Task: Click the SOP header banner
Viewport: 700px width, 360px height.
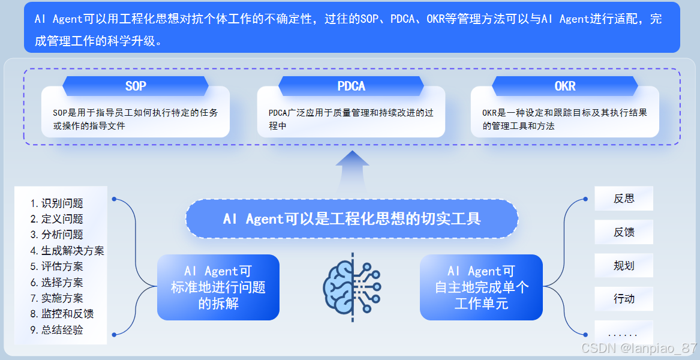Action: (x=136, y=86)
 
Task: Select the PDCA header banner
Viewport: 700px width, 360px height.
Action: (x=351, y=86)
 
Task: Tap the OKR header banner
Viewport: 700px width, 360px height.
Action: (x=564, y=86)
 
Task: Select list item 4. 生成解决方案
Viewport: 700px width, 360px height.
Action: (x=67, y=251)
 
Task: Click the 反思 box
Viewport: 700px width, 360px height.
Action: (x=624, y=199)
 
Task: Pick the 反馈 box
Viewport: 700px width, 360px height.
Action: (x=624, y=232)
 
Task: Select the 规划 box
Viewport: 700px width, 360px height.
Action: (x=624, y=265)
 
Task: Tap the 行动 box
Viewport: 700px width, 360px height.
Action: (x=624, y=299)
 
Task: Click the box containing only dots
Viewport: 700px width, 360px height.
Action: (x=624, y=333)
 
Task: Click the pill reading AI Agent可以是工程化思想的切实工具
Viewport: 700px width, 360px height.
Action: (x=351, y=219)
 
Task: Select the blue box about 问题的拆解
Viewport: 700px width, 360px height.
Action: (x=218, y=287)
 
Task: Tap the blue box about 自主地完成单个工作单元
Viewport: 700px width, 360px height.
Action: (x=481, y=287)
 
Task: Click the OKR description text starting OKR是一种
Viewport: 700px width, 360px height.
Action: (x=564, y=119)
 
